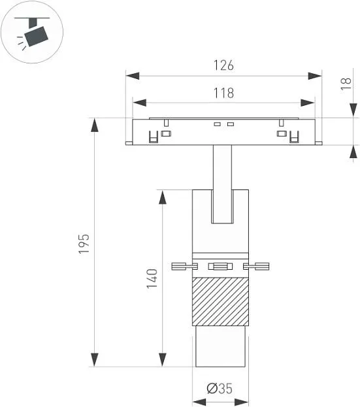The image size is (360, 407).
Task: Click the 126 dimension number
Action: [223, 65]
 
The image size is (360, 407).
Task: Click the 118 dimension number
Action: [223, 93]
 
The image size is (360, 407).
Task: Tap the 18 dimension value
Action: [346, 84]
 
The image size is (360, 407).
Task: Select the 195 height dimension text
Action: [84, 244]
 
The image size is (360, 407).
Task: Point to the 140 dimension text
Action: [152, 279]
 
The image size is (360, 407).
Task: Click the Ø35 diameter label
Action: [220, 389]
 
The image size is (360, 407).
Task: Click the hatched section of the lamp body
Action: [220, 301]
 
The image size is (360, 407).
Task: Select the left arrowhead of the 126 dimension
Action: [133, 76]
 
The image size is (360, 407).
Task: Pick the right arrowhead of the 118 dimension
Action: [308, 103]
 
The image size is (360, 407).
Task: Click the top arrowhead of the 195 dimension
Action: [95, 125]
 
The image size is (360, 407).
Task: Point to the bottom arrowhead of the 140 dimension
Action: [163, 359]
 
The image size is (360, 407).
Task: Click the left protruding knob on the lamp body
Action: [184, 267]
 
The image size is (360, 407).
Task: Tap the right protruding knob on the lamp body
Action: [256, 267]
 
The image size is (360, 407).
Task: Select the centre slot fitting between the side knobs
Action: [220, 267]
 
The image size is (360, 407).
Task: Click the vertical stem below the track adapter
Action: [222, 184]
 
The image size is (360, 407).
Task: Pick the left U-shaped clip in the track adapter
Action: [154, 137]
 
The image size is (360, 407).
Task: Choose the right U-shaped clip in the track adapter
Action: [294, 137]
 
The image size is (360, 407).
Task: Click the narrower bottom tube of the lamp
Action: [220, 346]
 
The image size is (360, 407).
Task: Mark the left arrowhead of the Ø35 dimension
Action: [199, 402]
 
